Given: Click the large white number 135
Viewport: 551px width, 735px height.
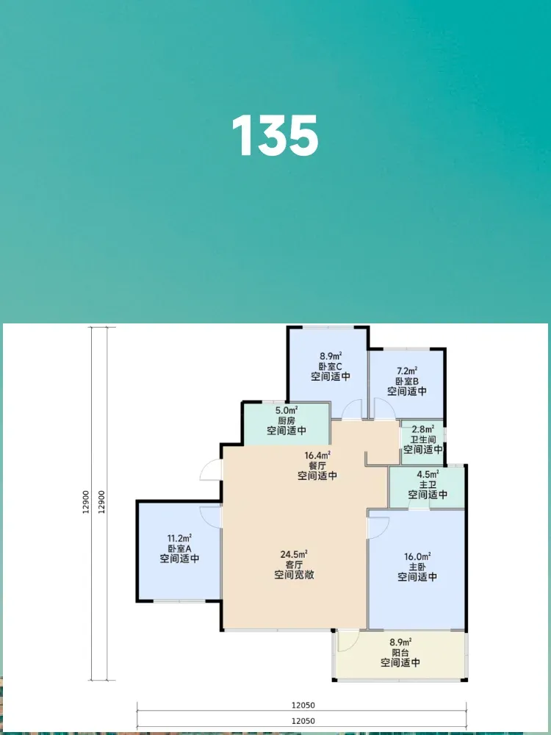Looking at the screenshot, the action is point(275,136).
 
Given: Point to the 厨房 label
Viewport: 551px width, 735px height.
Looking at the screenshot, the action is point(287,420).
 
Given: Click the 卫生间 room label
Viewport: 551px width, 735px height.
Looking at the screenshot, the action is point(423,440).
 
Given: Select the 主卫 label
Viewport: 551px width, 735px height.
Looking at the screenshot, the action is point(428,484).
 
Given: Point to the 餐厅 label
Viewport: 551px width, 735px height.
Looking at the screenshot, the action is point(317,466).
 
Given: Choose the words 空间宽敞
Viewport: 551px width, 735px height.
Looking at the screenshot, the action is point(294,575).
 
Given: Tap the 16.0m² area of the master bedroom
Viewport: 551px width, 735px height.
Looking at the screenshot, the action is point(417,557).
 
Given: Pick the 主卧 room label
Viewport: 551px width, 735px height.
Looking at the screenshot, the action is point(417,567).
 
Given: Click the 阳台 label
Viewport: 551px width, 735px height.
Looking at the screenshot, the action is point(400,653).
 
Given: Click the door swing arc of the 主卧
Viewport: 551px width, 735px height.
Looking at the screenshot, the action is point(384,530).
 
